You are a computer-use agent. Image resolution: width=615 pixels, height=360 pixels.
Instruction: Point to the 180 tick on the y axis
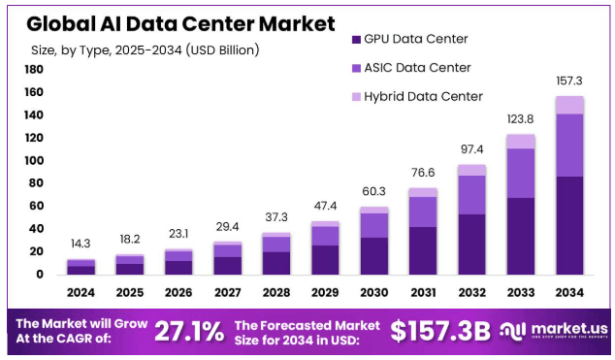tap(34, 70)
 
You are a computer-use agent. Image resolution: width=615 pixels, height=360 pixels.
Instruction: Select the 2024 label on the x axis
tap(81, 292)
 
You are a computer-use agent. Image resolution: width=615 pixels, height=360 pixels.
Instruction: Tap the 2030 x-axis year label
tap(374, 292)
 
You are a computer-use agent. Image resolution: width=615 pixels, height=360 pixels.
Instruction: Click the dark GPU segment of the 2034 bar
tap(569, 224)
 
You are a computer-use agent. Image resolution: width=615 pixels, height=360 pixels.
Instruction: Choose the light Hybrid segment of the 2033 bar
tap(521, 142)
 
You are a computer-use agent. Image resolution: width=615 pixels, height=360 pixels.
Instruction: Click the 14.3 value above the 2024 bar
tap(81, 244)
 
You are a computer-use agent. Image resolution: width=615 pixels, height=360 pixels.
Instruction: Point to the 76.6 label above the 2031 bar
tap(423, 173)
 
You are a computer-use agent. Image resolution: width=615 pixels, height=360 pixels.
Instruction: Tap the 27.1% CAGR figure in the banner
tap(189, 331)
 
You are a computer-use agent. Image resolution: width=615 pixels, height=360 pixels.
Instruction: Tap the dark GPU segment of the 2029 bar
tap(325, 259)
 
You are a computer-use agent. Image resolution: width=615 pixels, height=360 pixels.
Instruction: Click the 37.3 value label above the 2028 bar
tap(276, 217)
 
